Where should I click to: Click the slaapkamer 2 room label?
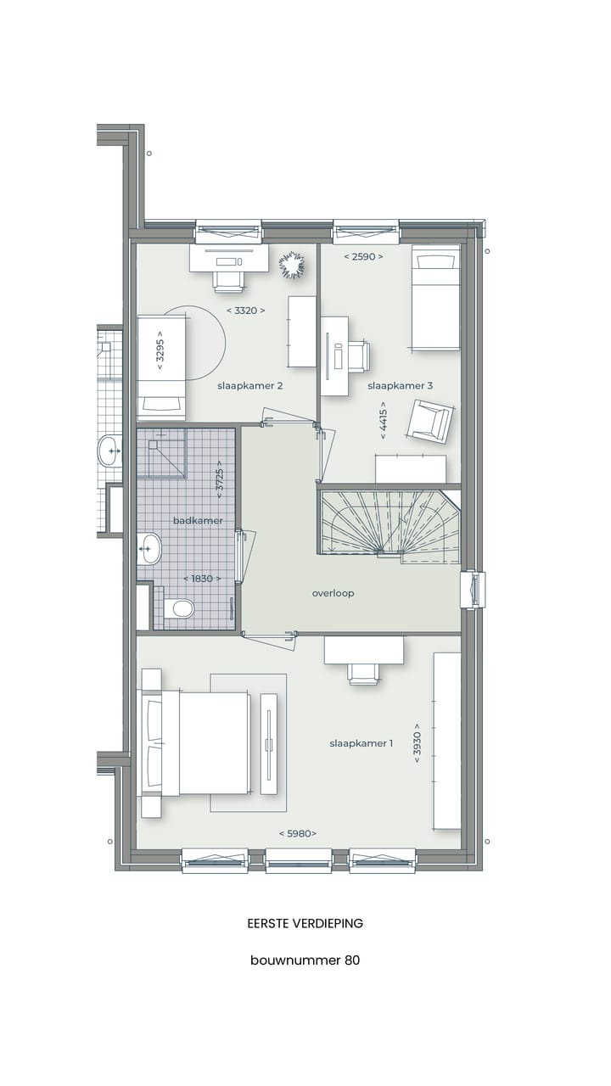[x=249, y=386]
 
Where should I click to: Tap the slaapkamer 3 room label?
[x=400, y=386]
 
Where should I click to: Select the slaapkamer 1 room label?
[x=361, y=744]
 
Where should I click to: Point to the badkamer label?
[x=198, y=521]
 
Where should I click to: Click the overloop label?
[x=333, y=594]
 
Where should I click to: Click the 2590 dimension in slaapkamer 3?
[x=363, y=256]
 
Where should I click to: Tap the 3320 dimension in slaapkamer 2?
[x=246, y=311]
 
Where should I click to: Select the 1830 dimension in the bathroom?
[x=202, y=579]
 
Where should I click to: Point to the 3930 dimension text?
[x=417, y=742]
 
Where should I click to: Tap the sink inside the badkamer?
[x=149, y=548]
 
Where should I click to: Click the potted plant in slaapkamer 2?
[x=292, y=264]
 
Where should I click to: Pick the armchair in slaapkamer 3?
[x=429, y=421]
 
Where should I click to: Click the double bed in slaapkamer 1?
[x=198, y=743]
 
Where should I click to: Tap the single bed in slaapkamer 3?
[x=435, y=297]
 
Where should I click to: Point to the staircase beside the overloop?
[x=390, y=523]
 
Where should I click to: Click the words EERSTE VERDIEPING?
[x=305, y=923]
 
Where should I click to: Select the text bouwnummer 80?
[x=305, y=960]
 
